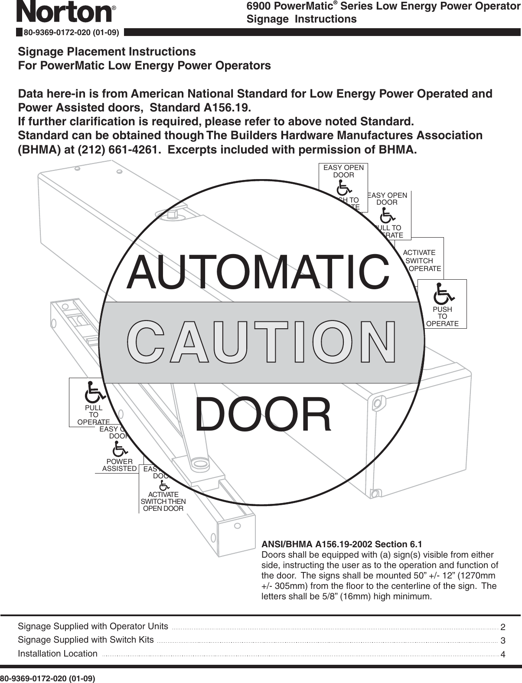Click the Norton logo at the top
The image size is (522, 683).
[x=65, y=12]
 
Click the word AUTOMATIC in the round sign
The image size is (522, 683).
[x=258, y=272]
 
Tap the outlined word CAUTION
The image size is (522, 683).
[x=262, y=342]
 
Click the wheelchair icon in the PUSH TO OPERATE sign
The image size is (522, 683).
[x=443, y=294]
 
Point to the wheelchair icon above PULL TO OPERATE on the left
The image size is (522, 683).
[x=94, y=392]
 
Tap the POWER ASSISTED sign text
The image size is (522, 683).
[x=119, y=465]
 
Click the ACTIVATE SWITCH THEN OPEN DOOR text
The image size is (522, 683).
[x=163, y=501]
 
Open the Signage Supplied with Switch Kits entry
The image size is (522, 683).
[x=86, y=640]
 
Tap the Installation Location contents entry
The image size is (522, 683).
[x=58, y=654]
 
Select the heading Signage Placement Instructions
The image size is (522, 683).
[x=107, y=52]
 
